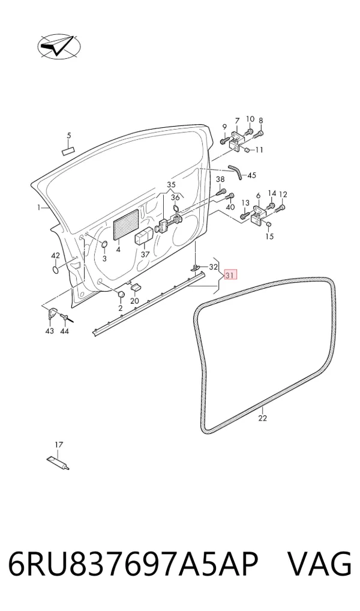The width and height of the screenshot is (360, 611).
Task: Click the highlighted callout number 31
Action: [x=230, y=275]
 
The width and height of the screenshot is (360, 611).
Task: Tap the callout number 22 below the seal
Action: [x=263, y=418]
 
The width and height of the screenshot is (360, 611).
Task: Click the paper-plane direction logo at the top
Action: [x=59, y=46]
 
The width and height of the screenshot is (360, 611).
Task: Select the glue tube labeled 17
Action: [x=58, y=463]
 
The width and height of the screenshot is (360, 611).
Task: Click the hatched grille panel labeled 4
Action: [x=126, y=224]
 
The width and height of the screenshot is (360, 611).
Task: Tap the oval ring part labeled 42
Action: [x=56, y=269]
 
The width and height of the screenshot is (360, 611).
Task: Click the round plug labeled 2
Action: [x=121, y=294]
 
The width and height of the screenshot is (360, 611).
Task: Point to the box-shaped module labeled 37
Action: [x=143, y=236]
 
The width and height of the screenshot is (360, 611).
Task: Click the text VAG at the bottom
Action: [x=319, y=564]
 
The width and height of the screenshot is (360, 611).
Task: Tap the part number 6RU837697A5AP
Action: [x=133, y=564]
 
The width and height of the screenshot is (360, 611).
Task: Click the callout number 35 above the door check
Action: [x=172, y=184]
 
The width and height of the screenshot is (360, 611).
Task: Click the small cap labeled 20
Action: [x=136, y=287]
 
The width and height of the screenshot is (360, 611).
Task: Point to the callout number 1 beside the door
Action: [x=39, y=208]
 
